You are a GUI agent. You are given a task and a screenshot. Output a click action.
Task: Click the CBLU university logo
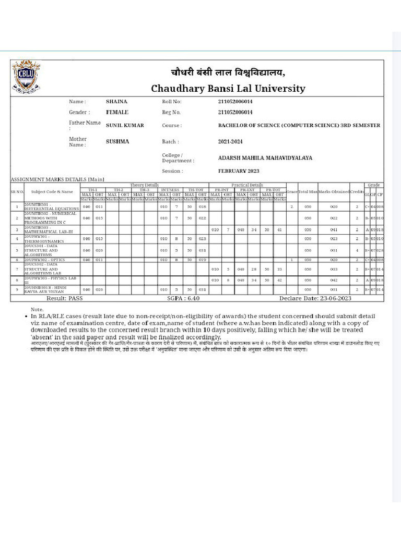(26, 77)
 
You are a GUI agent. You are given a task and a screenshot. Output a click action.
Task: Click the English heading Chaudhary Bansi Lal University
(228, 88)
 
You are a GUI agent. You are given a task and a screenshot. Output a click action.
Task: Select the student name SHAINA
(116, 101)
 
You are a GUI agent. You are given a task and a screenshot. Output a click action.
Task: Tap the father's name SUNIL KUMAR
(125, 125)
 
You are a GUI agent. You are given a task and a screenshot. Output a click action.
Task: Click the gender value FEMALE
(117, 112)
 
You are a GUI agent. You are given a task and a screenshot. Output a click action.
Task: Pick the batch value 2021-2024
(230, 141)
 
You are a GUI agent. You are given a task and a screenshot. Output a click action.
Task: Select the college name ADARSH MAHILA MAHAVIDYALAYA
(265, 157)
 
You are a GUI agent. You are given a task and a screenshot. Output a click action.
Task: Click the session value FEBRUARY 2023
(238, 171)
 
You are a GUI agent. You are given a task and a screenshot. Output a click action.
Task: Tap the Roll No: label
(172, 101)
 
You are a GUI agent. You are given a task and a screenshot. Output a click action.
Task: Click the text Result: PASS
(65, 298)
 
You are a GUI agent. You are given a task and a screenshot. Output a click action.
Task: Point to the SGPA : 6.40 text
(183, 298)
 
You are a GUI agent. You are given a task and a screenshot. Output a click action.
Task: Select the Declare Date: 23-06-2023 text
(315, 298)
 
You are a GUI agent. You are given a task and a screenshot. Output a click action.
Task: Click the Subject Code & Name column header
(52, 192)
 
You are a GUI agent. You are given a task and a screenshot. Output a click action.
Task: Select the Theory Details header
(144, 185)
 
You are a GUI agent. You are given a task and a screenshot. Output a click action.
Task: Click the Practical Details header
(247, 185)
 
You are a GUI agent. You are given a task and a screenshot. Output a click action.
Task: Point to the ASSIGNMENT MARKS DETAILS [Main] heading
(57, 180)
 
